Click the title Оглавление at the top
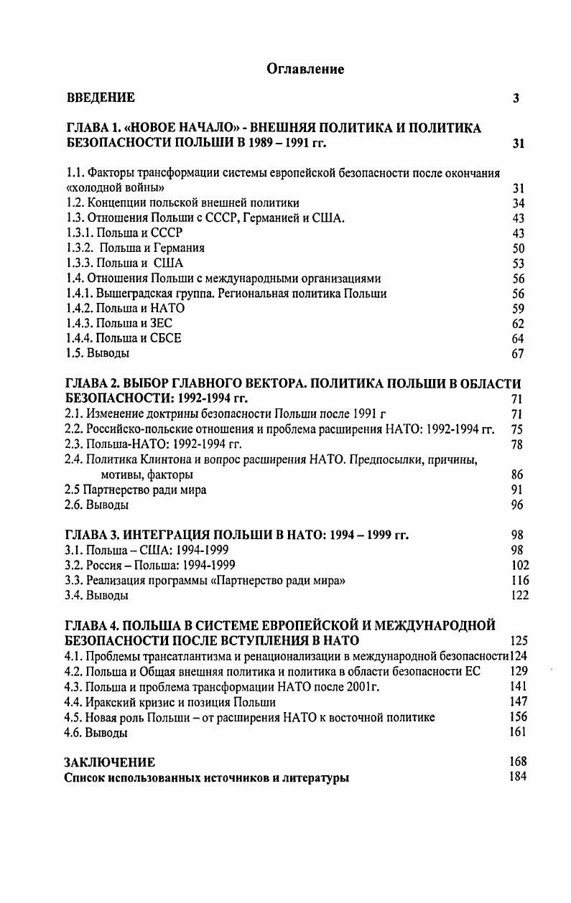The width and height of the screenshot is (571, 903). pos(305,69)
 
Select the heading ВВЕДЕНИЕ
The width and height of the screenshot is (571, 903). pos(101,98)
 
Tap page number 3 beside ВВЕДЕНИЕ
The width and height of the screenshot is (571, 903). pos(516,98)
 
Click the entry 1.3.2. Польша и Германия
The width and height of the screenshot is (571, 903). pos(135,248)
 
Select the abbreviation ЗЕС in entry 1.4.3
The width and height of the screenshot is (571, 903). pos(160,324)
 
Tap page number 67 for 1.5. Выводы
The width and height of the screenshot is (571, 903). pos(518,354)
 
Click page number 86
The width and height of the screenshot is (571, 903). pos(518,474)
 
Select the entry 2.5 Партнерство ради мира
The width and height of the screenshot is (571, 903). pos(136,490)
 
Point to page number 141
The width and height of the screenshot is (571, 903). pos(519,687)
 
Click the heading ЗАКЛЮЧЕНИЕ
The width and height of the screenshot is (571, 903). pos(110,762)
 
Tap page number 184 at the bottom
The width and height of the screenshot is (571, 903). pos(518,777)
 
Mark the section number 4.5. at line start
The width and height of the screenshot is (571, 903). pos(75,717)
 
